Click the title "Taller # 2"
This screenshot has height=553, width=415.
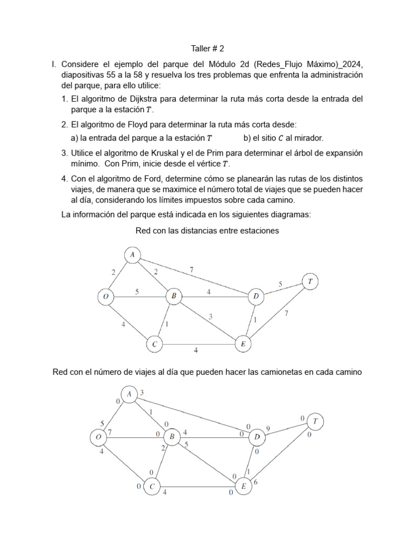point(207,49)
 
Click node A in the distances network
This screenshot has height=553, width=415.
point(132,254)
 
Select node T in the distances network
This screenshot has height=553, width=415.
point(310,281)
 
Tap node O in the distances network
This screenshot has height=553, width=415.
point(105,296)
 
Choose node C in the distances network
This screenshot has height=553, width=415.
point(155,344)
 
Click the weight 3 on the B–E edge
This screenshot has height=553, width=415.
point(211,316)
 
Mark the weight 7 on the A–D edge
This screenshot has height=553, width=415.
point(191,269)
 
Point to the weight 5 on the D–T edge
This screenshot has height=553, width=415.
point(280,284)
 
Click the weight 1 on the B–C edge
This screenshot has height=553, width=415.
point(166,325)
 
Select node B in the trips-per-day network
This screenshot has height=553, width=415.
point(172,436)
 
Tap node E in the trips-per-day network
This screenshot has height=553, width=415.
point(244,487)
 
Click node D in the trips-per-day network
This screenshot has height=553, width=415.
point(256,436)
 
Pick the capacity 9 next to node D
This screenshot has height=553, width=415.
point(268,429)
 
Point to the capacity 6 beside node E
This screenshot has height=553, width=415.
point(255,483)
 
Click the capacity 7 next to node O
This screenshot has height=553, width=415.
point(110,432)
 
